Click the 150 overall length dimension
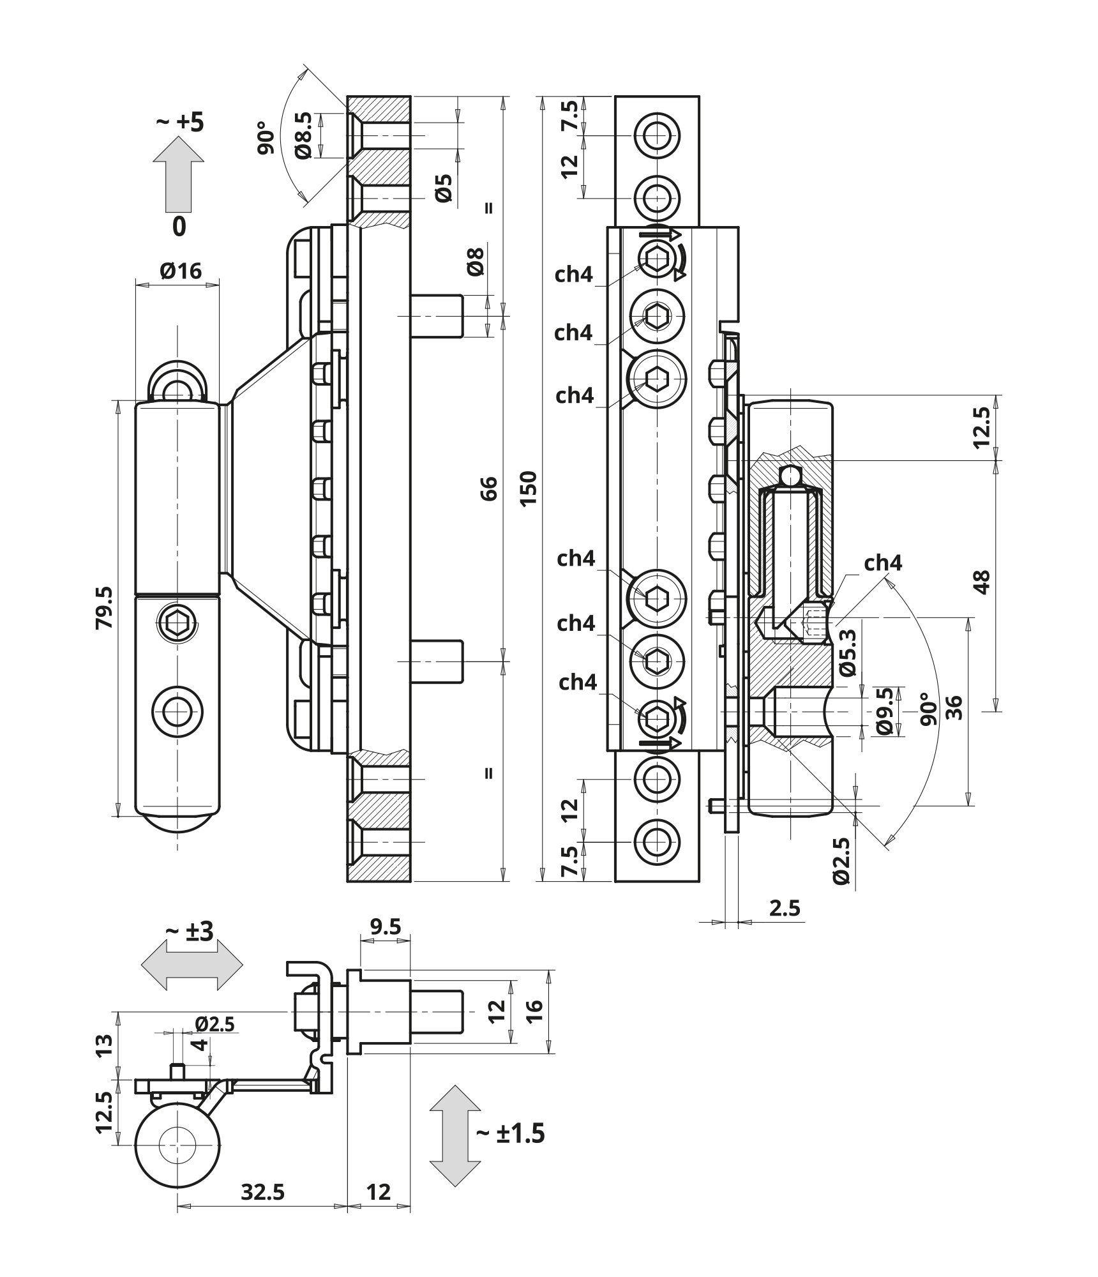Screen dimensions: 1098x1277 529,488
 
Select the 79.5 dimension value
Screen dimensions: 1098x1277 104,608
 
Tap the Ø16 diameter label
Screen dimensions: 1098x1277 181,271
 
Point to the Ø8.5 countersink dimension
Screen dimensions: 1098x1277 304,135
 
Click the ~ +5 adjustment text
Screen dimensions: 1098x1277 180,122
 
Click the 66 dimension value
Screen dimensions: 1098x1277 488,488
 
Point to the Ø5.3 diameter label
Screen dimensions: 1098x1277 847,652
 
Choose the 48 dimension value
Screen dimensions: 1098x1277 982,582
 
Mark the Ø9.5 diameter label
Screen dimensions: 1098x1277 884,711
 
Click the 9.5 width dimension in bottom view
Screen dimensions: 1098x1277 385,926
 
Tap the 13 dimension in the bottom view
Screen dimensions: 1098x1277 105,1045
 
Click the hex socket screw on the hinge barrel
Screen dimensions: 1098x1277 177,623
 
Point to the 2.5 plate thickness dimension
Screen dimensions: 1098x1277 785,907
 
